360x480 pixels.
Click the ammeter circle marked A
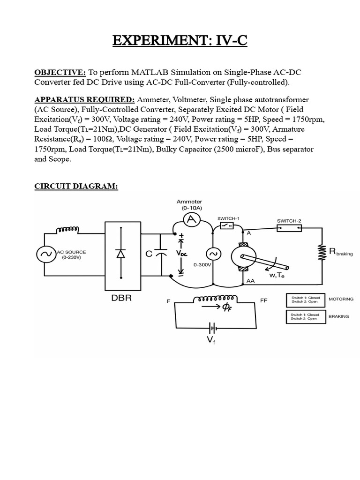(x=191, y=220)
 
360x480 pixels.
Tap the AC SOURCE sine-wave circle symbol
(x=46, y=255)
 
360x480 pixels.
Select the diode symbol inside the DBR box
(x=121, y=254)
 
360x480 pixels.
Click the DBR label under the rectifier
(x=121, y=299)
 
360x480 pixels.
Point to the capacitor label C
(x=149, y=254)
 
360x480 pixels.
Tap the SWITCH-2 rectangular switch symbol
(x=289, y=228)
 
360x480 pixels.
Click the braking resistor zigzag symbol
(x=322, y=253)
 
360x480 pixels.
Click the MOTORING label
(x=341, y=299)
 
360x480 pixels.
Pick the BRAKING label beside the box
(x=338, y=316)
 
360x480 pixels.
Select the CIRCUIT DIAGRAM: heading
(x=76, y=187)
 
